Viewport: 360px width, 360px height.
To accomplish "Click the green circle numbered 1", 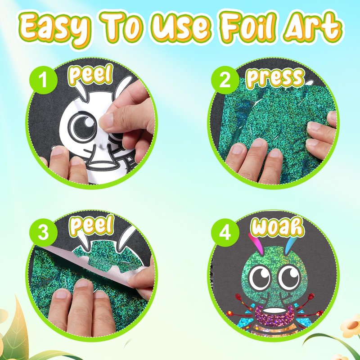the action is point(43,80).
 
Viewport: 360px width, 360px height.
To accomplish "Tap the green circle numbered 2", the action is point(225,80).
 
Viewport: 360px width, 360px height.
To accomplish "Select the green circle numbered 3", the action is point(43,232).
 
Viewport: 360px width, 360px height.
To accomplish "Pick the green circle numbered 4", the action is point(225,232).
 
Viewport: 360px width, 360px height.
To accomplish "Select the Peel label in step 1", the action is point(91,74).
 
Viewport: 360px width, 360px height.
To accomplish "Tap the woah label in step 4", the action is point(278,227).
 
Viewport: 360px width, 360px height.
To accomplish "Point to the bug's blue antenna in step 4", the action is point(291,246).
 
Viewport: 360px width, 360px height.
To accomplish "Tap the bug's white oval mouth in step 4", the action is point(275,310).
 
